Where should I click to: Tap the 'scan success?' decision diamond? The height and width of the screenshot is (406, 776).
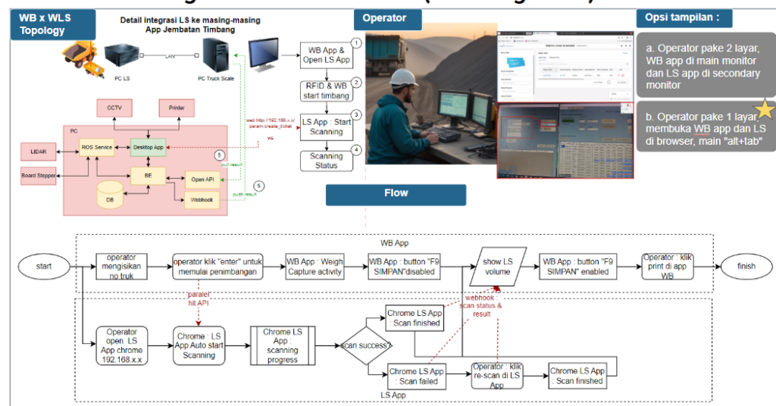[366, 345]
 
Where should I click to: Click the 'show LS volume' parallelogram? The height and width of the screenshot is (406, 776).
[498, 267]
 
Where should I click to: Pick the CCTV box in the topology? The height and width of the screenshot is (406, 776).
[114, 108]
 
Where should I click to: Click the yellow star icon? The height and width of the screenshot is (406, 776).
[765, 110]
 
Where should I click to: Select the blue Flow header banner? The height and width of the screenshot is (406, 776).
[396, 194]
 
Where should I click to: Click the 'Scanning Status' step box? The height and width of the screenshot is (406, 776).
[327, 161]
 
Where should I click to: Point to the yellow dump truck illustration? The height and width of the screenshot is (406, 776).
[83, 58]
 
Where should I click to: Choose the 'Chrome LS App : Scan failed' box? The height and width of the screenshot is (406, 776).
[416, 376]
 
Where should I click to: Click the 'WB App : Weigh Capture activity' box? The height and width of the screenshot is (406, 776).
[314, 267]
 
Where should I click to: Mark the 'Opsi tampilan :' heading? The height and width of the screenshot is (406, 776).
[677, 17]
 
